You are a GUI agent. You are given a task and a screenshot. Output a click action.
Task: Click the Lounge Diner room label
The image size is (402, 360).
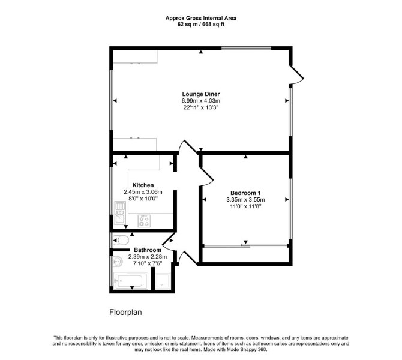[201, 94]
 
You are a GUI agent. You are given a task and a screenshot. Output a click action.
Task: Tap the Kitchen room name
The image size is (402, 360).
[143, 185]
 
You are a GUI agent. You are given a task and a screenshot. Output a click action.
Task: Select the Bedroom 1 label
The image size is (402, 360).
[245, 193]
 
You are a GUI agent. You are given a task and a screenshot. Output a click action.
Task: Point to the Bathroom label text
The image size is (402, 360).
[148, 250]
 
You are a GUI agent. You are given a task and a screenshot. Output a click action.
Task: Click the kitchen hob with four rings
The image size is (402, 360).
[144, 221]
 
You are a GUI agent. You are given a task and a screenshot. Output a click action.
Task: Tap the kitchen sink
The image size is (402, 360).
[120, 214]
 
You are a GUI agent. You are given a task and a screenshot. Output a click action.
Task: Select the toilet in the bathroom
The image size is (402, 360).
[121, 240]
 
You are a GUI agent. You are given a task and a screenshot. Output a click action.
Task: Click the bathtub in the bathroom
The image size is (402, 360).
[130, 281]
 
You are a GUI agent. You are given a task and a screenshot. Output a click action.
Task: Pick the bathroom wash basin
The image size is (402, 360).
[118, 262]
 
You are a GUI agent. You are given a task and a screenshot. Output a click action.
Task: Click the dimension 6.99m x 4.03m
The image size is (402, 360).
[201, 101]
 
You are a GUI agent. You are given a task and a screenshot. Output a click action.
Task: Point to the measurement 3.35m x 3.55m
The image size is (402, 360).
[245, 199]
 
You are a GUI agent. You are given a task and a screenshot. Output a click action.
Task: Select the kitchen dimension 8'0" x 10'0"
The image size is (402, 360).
[143, 199]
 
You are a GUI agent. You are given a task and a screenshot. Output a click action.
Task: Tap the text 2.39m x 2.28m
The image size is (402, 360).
[148, 257]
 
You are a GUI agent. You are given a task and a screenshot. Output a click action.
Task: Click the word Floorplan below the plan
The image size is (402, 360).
[125, 313]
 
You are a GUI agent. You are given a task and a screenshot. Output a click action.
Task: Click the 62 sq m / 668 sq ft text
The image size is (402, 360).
[201, 25]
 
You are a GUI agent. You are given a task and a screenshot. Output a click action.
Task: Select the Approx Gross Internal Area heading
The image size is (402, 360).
[201, 18]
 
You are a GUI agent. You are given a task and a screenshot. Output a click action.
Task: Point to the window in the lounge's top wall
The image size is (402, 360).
[246, 48]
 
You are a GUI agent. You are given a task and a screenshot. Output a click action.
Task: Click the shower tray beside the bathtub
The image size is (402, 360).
[163, 281]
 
